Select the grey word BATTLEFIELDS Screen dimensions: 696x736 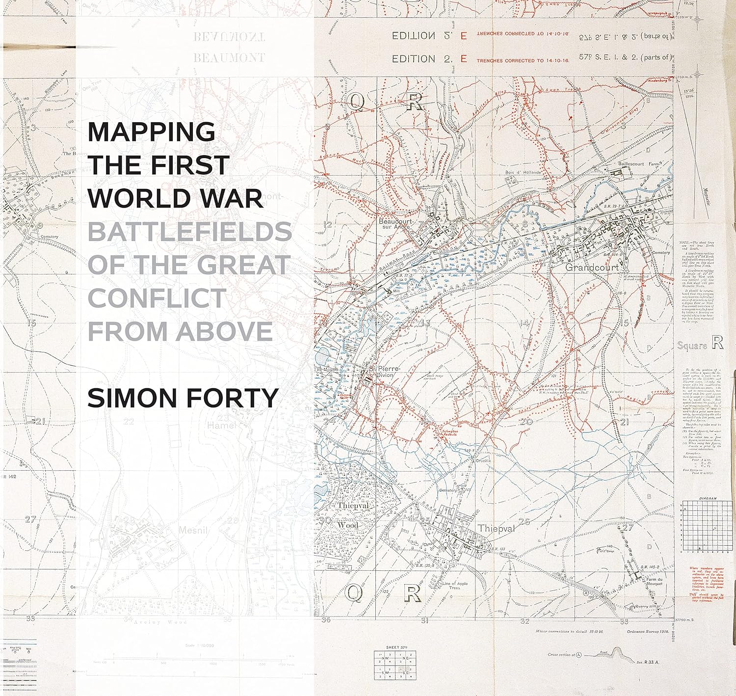tap(189, 231)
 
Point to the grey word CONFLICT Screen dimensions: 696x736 tap(157, 298)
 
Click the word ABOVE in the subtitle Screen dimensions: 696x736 tap(224, 331)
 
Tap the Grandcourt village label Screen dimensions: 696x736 tap(591, 268)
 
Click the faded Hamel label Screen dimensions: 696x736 tap(222, 426)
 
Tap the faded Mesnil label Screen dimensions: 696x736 tap(194, 530)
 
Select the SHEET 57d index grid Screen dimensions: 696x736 tap(394, 665)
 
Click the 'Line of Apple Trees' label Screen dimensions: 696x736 tap(455, 586)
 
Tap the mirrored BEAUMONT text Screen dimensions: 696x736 tap(229, 37)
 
